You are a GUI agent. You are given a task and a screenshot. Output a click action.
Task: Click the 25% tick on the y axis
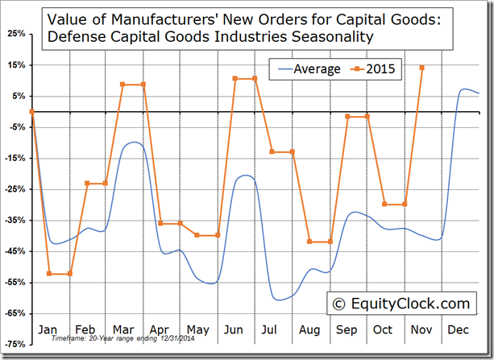pyautogui.click(x=15, y=34)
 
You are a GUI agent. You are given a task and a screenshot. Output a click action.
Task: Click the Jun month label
pyautogui.click(x=233, y=329)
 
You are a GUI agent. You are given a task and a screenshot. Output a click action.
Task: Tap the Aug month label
pyautogui.click(x=308, y=329)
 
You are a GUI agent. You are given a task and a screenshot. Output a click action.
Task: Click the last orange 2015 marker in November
pyautogui.click(x=422, y=68)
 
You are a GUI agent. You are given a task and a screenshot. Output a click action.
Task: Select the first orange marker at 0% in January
pyautogui.click(x=31, y=111)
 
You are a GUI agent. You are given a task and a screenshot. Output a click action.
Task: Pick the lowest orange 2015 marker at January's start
pyautogui.click(x=50, y=274)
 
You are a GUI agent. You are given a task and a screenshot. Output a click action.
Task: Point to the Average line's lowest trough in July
pyautogui.click(x=279, y=300)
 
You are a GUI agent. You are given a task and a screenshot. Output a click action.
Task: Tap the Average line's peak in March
pyautogui.click(x=134, y=143)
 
